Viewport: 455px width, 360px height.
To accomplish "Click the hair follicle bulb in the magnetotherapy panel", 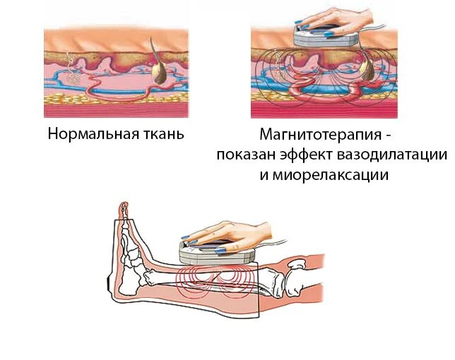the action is [370, 66].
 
